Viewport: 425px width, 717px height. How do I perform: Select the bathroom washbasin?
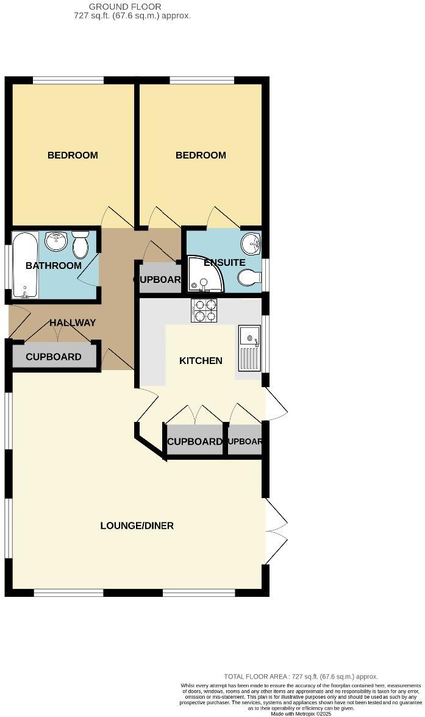pyautogui.click(x=57, y=241)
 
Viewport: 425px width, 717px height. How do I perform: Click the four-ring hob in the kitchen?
pyautogui.click(x=204, y=310)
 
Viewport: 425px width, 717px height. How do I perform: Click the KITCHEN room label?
pyautogui.click(x=201, y=361)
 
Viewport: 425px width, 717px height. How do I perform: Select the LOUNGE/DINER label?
pyautogui.click(x=137, y=526)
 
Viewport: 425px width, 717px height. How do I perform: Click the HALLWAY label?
pyautogui.click(x=73, y=323)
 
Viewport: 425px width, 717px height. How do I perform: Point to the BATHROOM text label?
pyautogui.click(x=54, y=266)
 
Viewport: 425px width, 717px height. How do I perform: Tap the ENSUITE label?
pyautogui.click(x=224, y=263)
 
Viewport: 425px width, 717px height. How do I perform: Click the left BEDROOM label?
pyautogui.click(x=73, y=155)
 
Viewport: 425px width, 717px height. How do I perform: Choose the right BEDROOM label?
pyautogui.click(x=201, y=155)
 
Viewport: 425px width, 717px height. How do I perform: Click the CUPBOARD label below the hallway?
pyautogui.click(x=54, y=357)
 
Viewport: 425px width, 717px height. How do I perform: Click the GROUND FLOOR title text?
pyautogui.click(x=125, y=7)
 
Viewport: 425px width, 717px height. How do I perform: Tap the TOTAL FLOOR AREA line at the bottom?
pyautogui.click(x=301, y=677)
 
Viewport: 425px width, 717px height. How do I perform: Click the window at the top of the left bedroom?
pyautogui.click(x=68, y=80)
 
